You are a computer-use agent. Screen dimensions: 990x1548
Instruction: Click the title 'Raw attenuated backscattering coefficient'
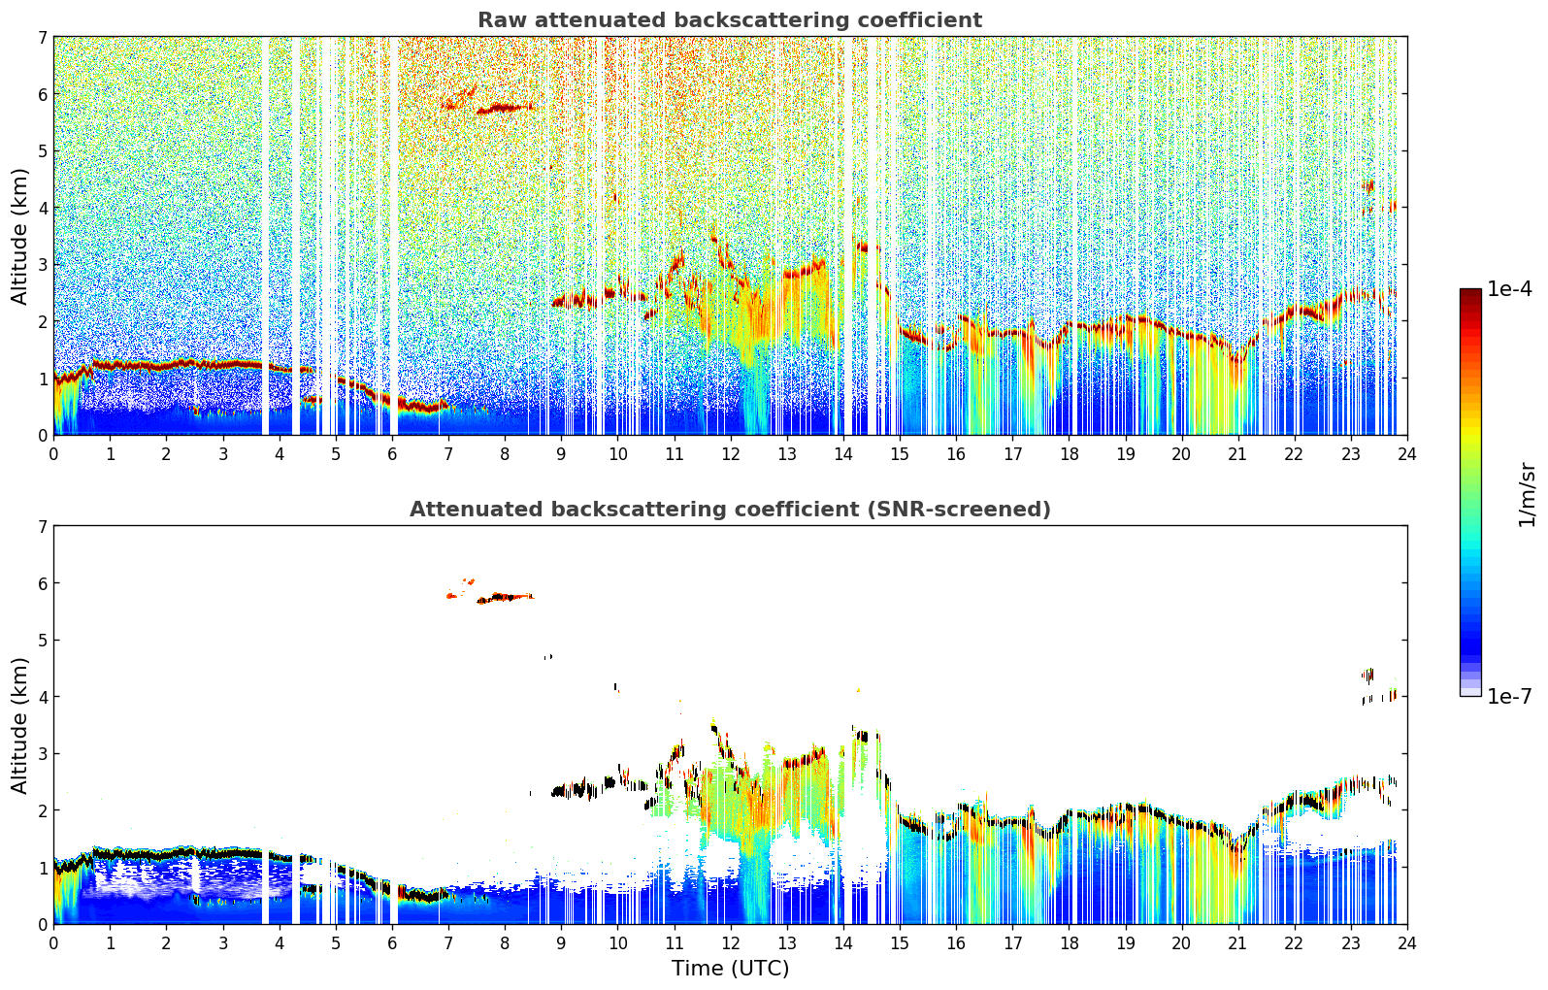(729, 20)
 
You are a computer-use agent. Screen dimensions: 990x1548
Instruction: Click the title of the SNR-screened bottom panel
(729, 510)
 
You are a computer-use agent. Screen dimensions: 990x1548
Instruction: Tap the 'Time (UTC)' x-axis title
(730, 969)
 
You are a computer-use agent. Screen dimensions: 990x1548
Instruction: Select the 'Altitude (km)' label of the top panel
(20, 236)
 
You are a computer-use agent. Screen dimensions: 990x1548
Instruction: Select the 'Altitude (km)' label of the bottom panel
(20, 725)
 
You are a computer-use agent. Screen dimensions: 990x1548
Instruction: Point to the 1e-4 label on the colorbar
(1509, 289)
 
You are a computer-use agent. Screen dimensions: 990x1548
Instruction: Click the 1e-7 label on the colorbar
(1509, 696)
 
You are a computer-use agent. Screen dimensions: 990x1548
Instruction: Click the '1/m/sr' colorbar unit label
(1527, 494)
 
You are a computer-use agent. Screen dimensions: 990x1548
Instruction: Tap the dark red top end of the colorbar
(1470, 294)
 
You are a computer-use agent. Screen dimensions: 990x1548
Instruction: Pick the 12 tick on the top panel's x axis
(730, 453)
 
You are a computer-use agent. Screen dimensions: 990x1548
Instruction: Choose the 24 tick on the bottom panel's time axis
(1406, 942)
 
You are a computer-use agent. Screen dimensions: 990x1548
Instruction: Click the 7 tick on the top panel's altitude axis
(42, 37)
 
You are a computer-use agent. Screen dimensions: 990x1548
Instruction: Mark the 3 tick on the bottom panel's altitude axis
(42, 754)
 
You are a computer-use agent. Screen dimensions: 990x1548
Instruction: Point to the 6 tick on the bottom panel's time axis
(392, 942)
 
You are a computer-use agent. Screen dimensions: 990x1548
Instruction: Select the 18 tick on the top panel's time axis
(1069, 453)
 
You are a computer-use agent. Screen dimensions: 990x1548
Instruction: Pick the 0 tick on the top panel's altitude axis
(42, 436)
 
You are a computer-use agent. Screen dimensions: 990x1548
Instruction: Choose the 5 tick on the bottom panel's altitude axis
(42, 641)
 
